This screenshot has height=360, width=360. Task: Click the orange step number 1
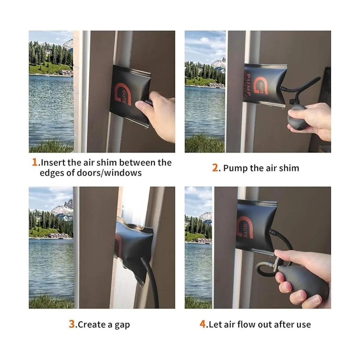point(34,162)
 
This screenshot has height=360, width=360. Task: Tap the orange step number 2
point(215,168)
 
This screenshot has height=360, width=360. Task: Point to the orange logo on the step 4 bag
point(245,227)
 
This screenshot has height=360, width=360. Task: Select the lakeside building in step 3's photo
point(59,236)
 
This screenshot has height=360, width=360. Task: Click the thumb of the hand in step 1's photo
point(144,106)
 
